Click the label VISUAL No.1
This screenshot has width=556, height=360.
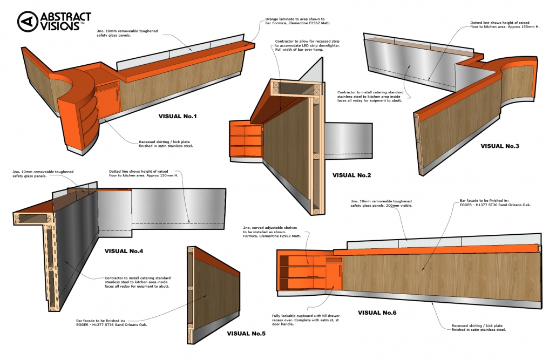(178, 116)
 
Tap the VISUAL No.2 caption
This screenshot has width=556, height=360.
(351, 175)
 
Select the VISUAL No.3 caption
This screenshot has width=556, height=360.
(499, 146)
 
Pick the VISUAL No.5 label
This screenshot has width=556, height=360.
(246, 334)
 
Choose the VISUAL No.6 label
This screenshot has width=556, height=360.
(377, 313)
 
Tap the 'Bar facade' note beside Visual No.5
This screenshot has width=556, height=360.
(113, 322)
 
